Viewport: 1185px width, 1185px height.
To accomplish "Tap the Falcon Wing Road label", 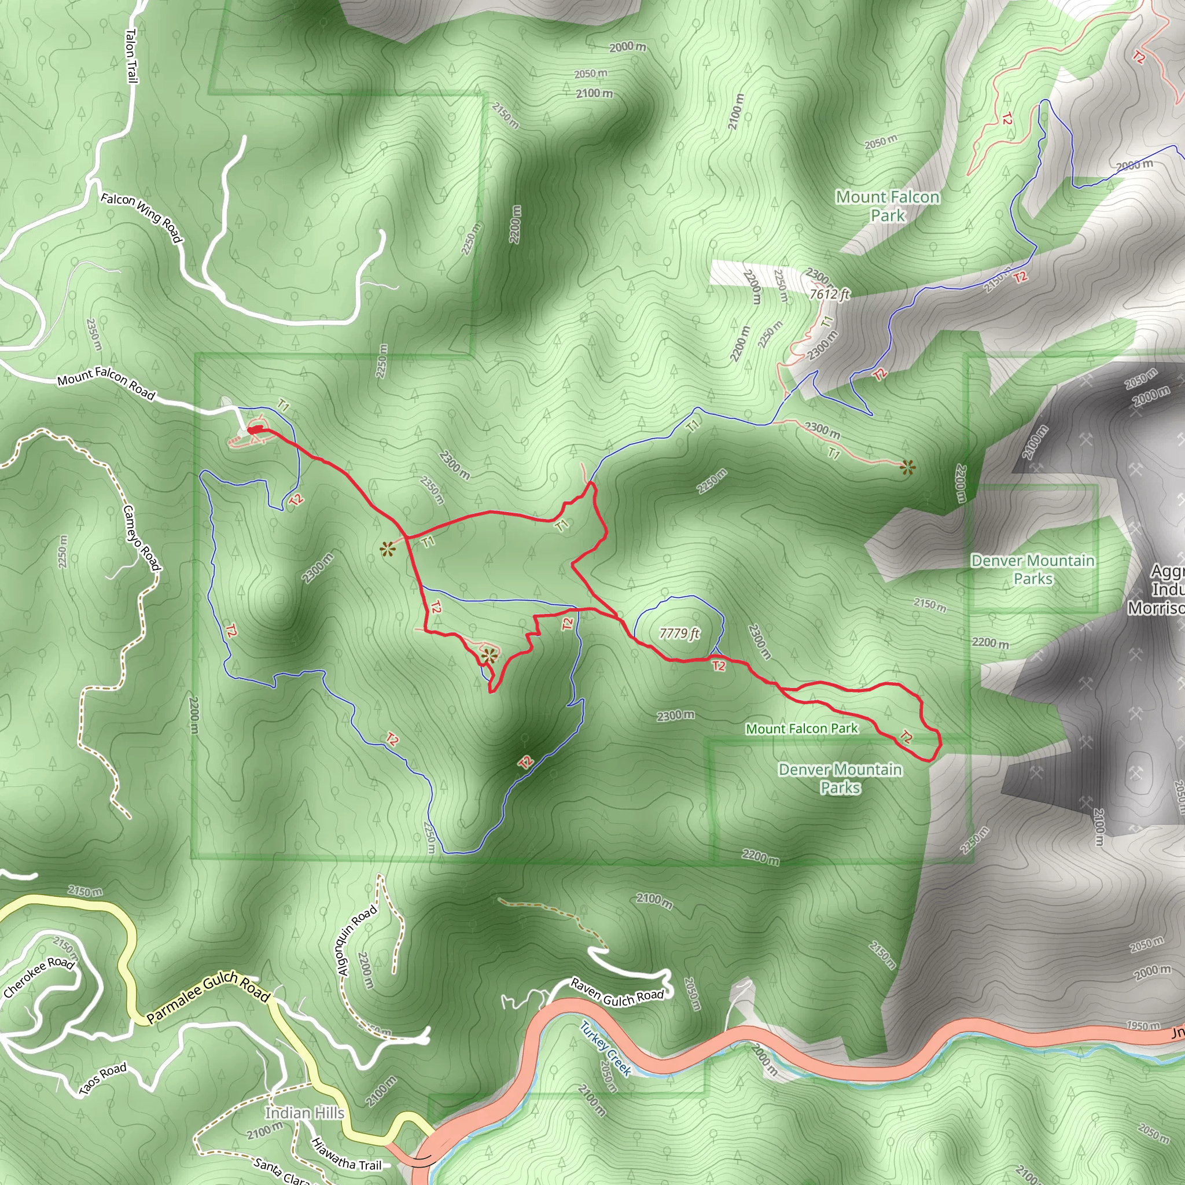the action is coord(142,216).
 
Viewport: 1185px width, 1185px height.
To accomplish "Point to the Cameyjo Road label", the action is coord(142,538).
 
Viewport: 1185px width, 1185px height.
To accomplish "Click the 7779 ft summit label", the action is coord(679,633).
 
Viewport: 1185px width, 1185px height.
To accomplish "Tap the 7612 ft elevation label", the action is coord(829,294).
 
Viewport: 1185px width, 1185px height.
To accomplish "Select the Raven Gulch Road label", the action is coord(617,991).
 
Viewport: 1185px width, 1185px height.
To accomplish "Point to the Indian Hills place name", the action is coord(304,1113).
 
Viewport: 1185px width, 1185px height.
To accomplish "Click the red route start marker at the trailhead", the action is coord(255,430).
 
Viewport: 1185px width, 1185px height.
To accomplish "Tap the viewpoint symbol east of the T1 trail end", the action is coord(907,468).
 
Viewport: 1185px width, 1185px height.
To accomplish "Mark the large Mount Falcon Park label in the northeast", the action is coord(888,206).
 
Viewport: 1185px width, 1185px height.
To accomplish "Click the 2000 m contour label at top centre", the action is coord(627,47).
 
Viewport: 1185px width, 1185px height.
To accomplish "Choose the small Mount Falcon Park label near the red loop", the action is coord(801,728).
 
